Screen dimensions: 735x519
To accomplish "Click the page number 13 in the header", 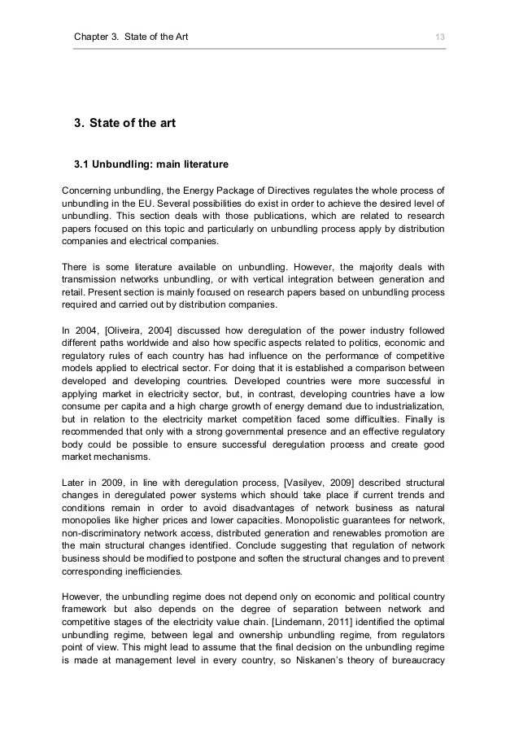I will tap(440, 37).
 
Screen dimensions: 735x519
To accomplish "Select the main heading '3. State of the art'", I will tap(124, 124).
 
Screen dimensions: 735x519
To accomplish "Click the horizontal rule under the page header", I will tap(259, 50).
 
